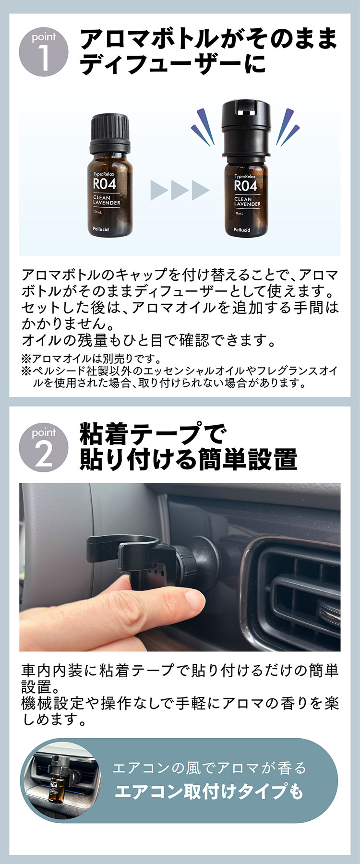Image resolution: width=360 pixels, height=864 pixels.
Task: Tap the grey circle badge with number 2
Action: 44,448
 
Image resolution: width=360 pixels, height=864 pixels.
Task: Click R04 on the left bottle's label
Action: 104,184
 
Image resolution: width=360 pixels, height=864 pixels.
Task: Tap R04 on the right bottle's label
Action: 245,185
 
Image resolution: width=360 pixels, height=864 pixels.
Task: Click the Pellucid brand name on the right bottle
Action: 242,230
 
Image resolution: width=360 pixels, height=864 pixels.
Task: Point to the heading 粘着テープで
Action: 152,434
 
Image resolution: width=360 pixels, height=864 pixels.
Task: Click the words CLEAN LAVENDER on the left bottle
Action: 107,200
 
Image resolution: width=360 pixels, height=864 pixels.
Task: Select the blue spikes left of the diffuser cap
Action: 204,126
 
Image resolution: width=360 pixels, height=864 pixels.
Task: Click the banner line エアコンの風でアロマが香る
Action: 209,768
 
